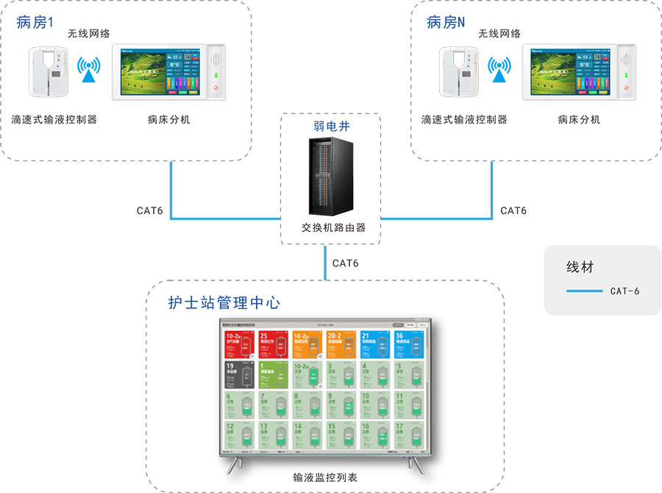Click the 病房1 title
pos(35,22)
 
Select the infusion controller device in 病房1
pos(49,72)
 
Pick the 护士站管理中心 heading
pos(224,302)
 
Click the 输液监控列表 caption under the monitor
pos(324,478)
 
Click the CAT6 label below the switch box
pos(346,263)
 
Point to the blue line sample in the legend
pos(585,291)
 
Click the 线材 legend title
pos(580,267)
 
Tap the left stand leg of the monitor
pos(236,464)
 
